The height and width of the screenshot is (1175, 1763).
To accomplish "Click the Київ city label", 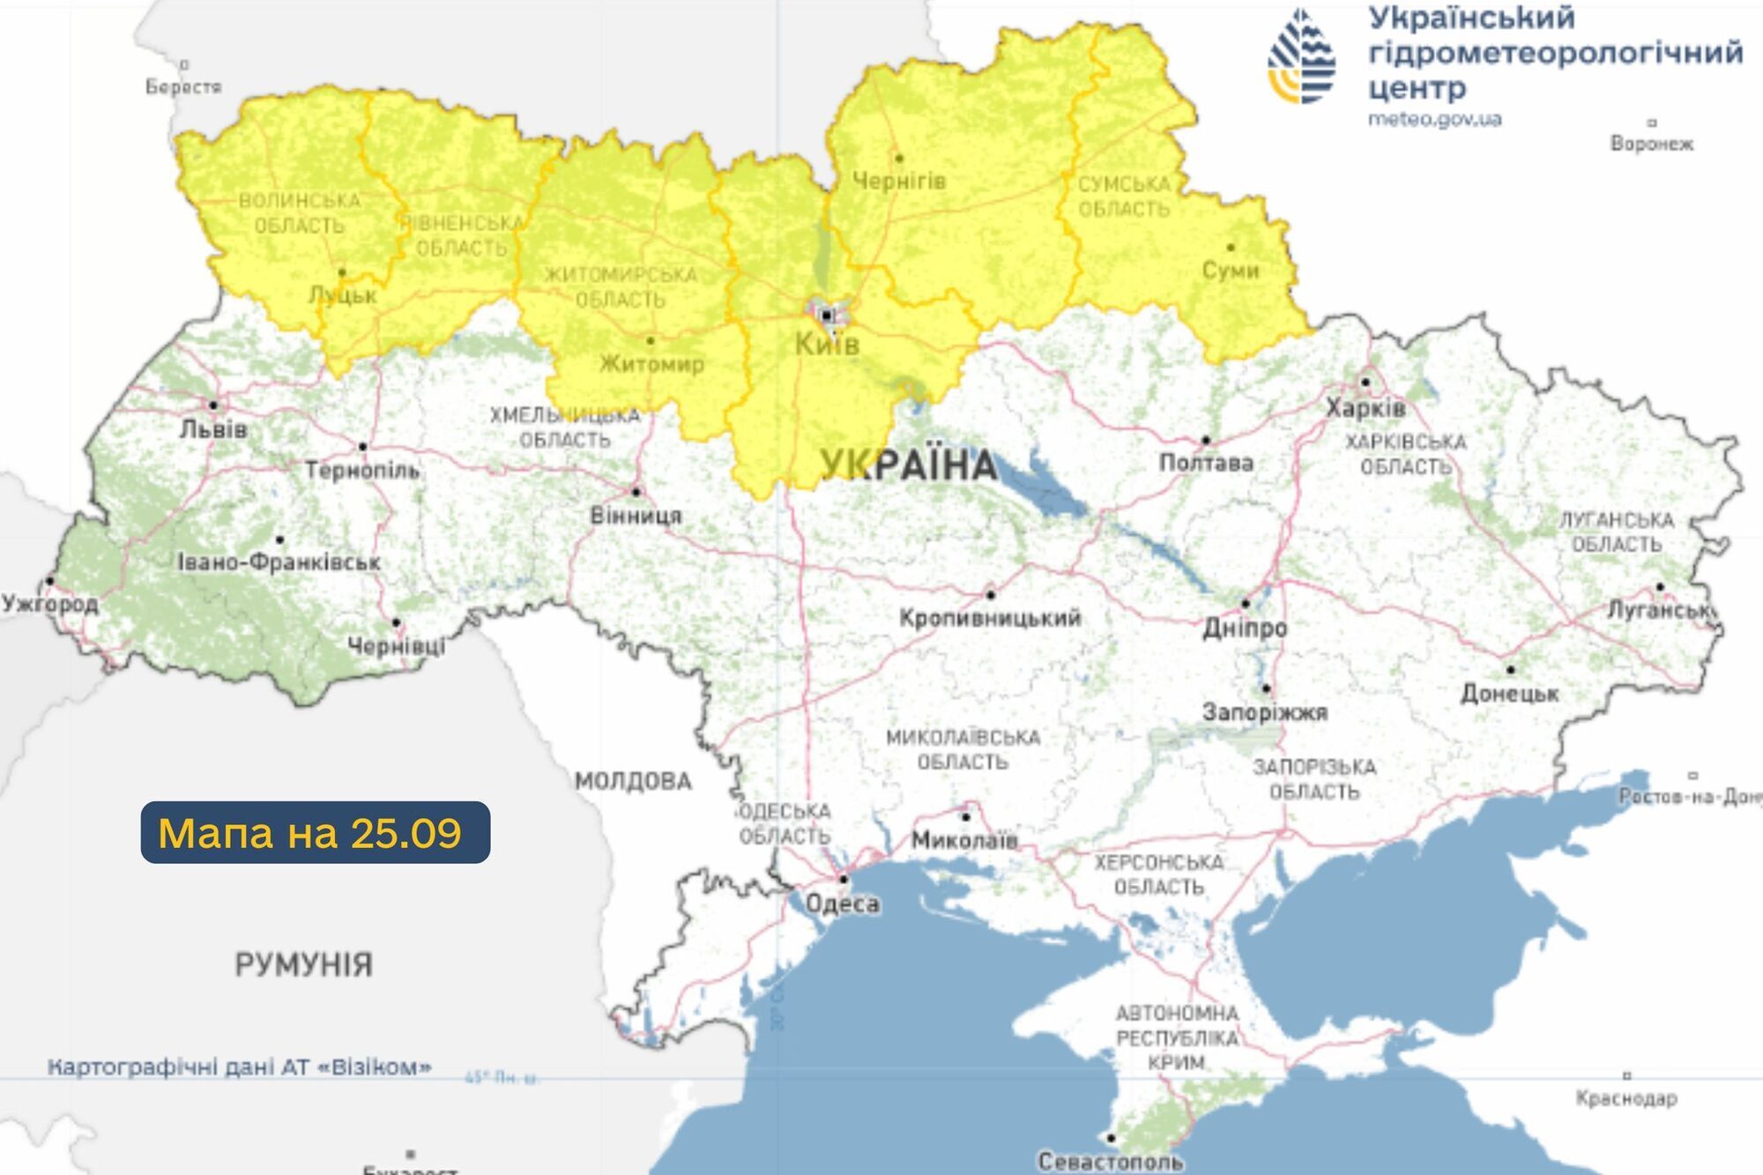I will coord(827,344).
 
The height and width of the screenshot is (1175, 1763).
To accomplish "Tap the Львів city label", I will coord(213,429).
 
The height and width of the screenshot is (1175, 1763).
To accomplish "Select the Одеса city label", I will coord(843,904).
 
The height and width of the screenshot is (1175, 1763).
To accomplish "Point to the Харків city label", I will coord(1365,408).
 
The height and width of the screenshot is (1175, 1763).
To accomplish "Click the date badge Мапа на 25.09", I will coord(315,832).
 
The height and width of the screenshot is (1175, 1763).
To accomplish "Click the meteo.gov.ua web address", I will coord(1434,119).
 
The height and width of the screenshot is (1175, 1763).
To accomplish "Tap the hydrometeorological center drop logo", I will coord(1301,57).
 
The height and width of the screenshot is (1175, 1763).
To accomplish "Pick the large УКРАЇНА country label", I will coord(908,465).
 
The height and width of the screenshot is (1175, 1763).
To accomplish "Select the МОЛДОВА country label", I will coord(633,781).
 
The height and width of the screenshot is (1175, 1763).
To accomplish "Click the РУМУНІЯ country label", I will coord(304,964).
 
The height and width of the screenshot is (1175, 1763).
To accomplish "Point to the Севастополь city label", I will coord(1110,1162).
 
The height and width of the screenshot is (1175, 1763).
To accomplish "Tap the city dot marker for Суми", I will coord(1231,248).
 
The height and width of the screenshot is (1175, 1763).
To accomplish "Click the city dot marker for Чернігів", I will coord(899,159).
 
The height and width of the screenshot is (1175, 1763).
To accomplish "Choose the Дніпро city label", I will coord(1245,628).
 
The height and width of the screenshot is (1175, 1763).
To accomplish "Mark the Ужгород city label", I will coord(49,604).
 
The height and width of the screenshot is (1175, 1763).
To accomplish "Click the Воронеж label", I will coord(1651,144).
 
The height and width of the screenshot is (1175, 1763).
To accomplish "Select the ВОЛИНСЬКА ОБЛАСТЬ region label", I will coord(300,213).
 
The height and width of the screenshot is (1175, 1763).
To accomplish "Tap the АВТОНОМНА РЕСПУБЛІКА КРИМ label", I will coord(1177,1037).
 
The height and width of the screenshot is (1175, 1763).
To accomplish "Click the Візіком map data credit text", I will coord(240,1067).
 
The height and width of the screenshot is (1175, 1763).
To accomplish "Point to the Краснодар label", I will coord(1626,1098).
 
